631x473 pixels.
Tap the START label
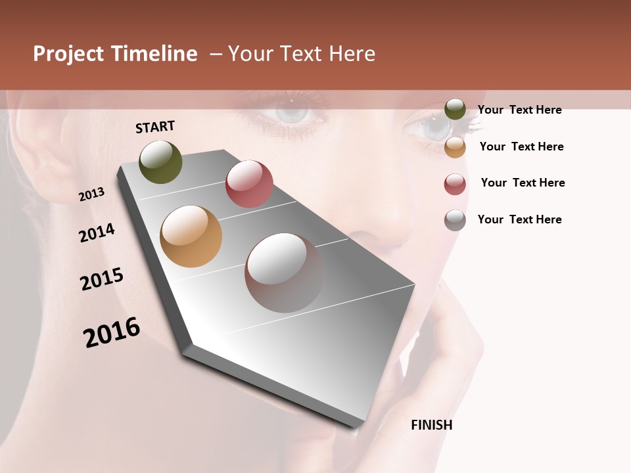pyautogui.click(x=155, y=127)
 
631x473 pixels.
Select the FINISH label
pyautogui.click(x=431, y=425)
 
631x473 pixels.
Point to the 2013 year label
pyautogui.click(x=92, y=194)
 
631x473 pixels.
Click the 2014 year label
pyautogui.click(x=97, y=233)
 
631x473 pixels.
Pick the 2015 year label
pyautogui.click(x=102, y=279)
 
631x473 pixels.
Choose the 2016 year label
pyautogui.click(x=112, y=332)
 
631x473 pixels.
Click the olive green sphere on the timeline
pyautogui.click(x=161, y=162)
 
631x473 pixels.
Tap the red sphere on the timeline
pyautogui.click(x=249, y=184)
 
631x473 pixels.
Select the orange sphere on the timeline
pyautogui.click(x=191, y=236)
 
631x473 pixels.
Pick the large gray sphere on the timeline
pyautogui.click(x=285, y=273)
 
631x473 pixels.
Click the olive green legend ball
pyautogui.click(x=455, y=109)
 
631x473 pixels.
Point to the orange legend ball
pyautogui.click(x=455, y=146)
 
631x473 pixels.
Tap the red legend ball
pyautogui.click(x=455, y=183)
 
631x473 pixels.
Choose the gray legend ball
pyautogui.click(x=455, y=220)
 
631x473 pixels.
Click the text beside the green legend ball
pyautogui.click(x=519, y=110)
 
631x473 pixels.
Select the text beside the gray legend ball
pyautogui.click(x=519, y=219)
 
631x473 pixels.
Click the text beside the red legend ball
pyautogui.click(x=523, y=183)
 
